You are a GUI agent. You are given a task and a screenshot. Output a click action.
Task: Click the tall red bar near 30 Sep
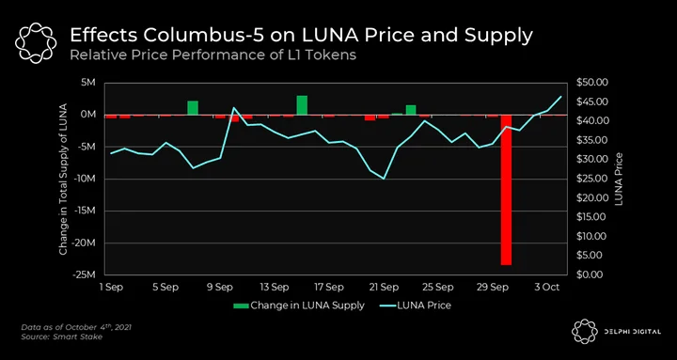pyautogui.click(x=506, y=190)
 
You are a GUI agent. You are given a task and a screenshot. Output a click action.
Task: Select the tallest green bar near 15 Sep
pyautogui.click(x=302, y=105)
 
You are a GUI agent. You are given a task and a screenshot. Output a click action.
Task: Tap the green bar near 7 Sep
pyautogui.click(x=193, y=108)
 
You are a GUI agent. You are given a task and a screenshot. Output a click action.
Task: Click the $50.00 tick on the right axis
pyautogui.click(x=592, y=82)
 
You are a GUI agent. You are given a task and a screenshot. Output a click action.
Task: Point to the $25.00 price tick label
pyautogui.click(x=592, y=179)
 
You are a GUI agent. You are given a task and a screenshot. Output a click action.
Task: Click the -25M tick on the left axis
pyautogui.click(x=87, y=274)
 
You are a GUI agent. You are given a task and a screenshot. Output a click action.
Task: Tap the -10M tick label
pyautogui.click(x=87, y=179)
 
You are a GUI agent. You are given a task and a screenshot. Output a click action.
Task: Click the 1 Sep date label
pyautogui.click(x=110, y=287)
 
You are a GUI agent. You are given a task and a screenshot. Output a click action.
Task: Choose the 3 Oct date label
pyautogui.click(x=547, y=287)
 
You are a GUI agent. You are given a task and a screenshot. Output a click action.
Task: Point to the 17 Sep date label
pyautogui.click(x=328, y=287)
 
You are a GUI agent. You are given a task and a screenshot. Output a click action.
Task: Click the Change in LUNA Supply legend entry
pyautogui.click(x=299, y=305)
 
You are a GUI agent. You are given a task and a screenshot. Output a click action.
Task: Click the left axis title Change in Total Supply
pyautogui.click(x=63, y=180)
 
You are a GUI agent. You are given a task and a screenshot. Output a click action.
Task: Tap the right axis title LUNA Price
pyautogui.click(x=619, y=179)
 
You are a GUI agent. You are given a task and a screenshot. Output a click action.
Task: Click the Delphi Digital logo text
pyautogui.click(x=636, y=332)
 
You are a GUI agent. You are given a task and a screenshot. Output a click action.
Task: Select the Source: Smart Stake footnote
pyautogui.click(x=62, y=337)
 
